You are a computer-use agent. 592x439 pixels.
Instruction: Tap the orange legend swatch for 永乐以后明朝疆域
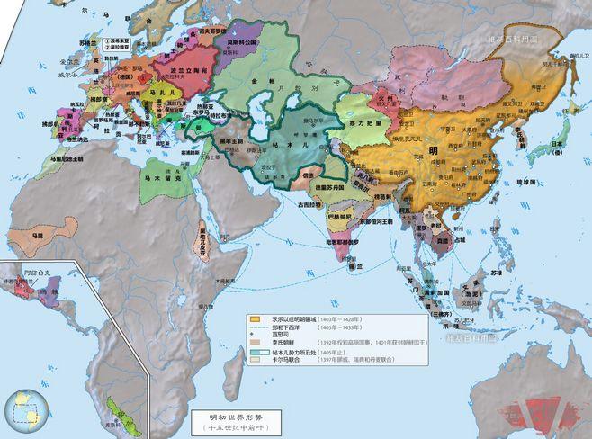tap(256, 318)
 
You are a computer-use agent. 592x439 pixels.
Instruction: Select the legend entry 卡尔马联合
tap(289, 372)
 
